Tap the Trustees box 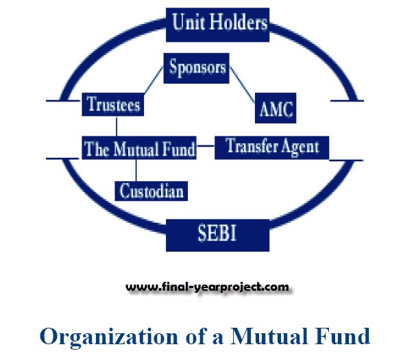pos(114,105)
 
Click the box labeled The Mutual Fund pos(139,148)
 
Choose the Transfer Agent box pos(272,145)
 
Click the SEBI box pos(217,233)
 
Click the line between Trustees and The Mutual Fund pos(117,126)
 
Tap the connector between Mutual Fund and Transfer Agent pos(206,148)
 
